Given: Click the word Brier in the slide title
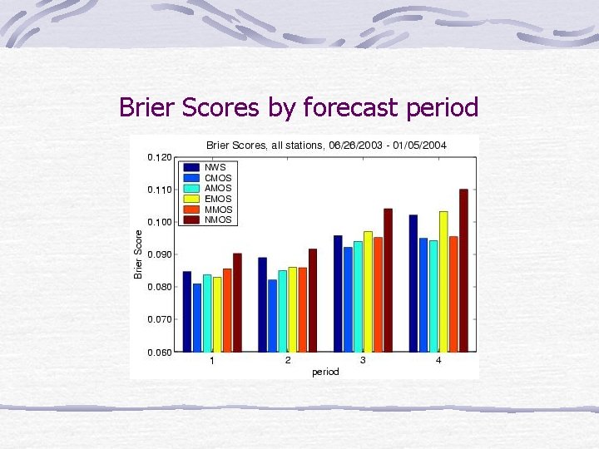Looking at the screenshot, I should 146,107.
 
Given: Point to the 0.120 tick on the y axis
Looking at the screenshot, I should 160,157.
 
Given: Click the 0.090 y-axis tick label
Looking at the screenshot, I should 160,254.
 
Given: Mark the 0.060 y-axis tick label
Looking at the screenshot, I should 160,353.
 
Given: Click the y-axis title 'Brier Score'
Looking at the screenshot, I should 139,254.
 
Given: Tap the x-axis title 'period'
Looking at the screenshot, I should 325,372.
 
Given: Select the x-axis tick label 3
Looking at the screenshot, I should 363,361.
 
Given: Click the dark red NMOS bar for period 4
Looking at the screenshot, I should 463,270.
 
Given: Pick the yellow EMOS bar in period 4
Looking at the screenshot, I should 443,281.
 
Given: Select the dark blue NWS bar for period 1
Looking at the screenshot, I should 187,311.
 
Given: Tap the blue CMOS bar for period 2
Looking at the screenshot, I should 272,315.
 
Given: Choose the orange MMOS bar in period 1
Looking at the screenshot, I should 227,309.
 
